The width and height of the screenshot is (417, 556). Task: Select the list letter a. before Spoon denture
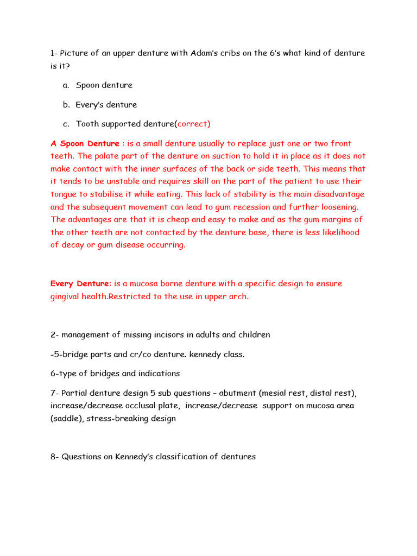click(x=66, y=85)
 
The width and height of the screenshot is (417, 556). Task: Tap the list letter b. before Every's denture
click(x=66, y=105)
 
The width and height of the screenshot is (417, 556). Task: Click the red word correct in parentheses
click(x=193, y=124)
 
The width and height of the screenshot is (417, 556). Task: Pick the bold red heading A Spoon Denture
click(x=85, y=144)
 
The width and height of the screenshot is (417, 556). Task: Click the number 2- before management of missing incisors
click(x=55, y=335)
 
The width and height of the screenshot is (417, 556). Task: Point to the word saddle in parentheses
click(x=67, y=419)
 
